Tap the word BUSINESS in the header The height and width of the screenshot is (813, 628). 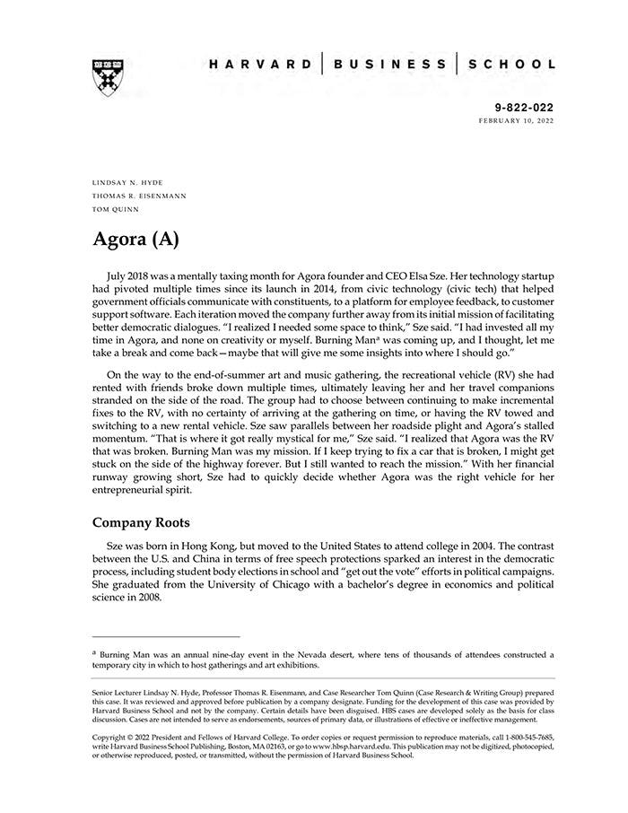tap(389, 65)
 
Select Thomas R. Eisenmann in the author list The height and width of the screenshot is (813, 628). tap(139, 196)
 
